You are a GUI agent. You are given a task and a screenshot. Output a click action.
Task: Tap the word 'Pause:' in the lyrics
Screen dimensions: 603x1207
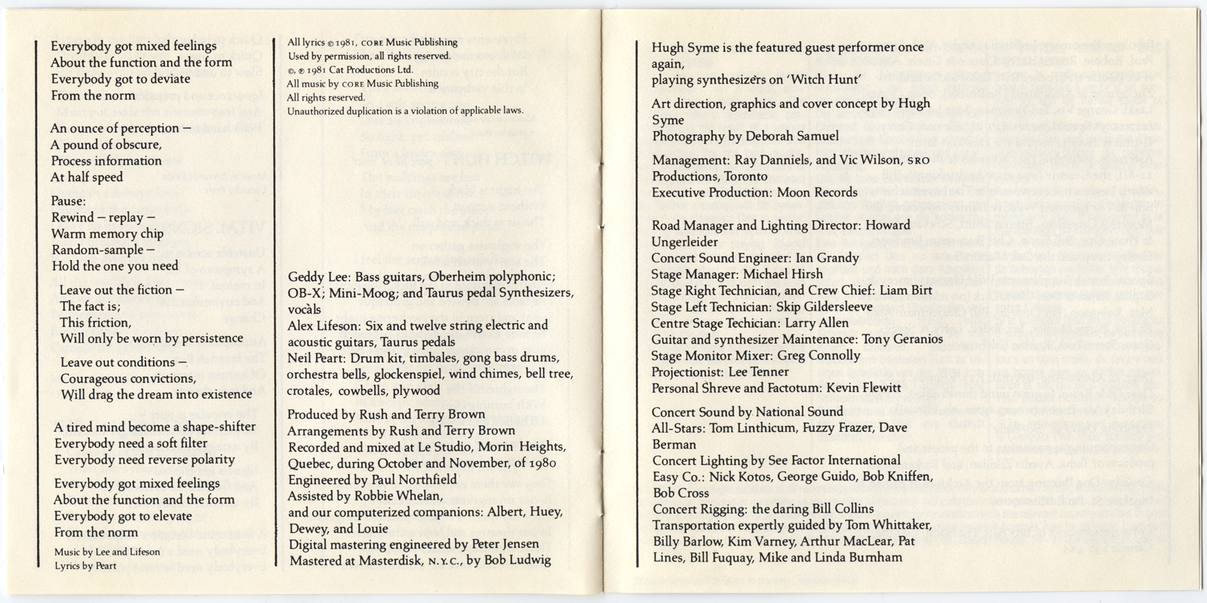click(69, 201)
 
